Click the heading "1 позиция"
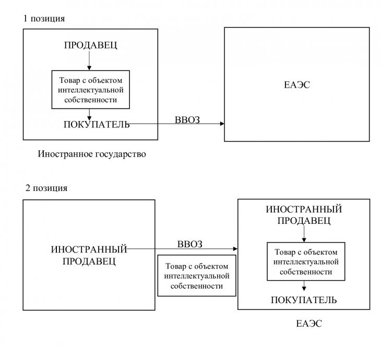tap(44, 18)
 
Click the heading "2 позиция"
tap(46, 188)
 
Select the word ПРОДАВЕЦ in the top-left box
tap(91, 45)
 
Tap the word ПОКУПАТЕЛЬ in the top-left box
tap(97, 124)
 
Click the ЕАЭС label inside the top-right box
tap(297, 85)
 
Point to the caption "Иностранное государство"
tap(92, 154)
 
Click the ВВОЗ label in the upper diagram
tap(187, 120)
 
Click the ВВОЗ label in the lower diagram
tap(190, 244)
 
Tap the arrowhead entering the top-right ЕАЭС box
tap(222, 124)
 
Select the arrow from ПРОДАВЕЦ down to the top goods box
tap(89, 60)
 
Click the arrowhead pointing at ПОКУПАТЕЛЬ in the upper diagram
tap(89, 118)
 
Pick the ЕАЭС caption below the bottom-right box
tap(309, 323)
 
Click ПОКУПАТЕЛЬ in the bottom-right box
tap(304, 300)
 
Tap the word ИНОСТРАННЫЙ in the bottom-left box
tap(89, 249)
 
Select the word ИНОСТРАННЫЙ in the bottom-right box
tap(304, 209)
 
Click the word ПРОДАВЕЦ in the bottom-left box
tap(89, 261)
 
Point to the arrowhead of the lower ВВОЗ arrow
tap(235, 249)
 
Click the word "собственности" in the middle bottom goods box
tap(197, 286)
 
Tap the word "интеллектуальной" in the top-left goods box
tap(91, 90)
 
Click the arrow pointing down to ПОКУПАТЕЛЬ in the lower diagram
tap(304, 286)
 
